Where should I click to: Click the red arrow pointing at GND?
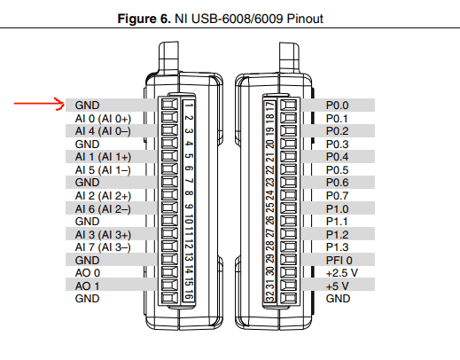point(39,104)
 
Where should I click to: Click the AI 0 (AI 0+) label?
point(103,119)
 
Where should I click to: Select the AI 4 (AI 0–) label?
point(103,131)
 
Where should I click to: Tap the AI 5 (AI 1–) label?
point(103,170)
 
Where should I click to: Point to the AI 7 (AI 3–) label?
point(103,247)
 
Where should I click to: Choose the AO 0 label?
point(88,273)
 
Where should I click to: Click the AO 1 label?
point(87,286)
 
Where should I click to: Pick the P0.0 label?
point(337,106)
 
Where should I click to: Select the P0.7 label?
point(337,196)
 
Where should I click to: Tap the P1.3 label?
point(337,247)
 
